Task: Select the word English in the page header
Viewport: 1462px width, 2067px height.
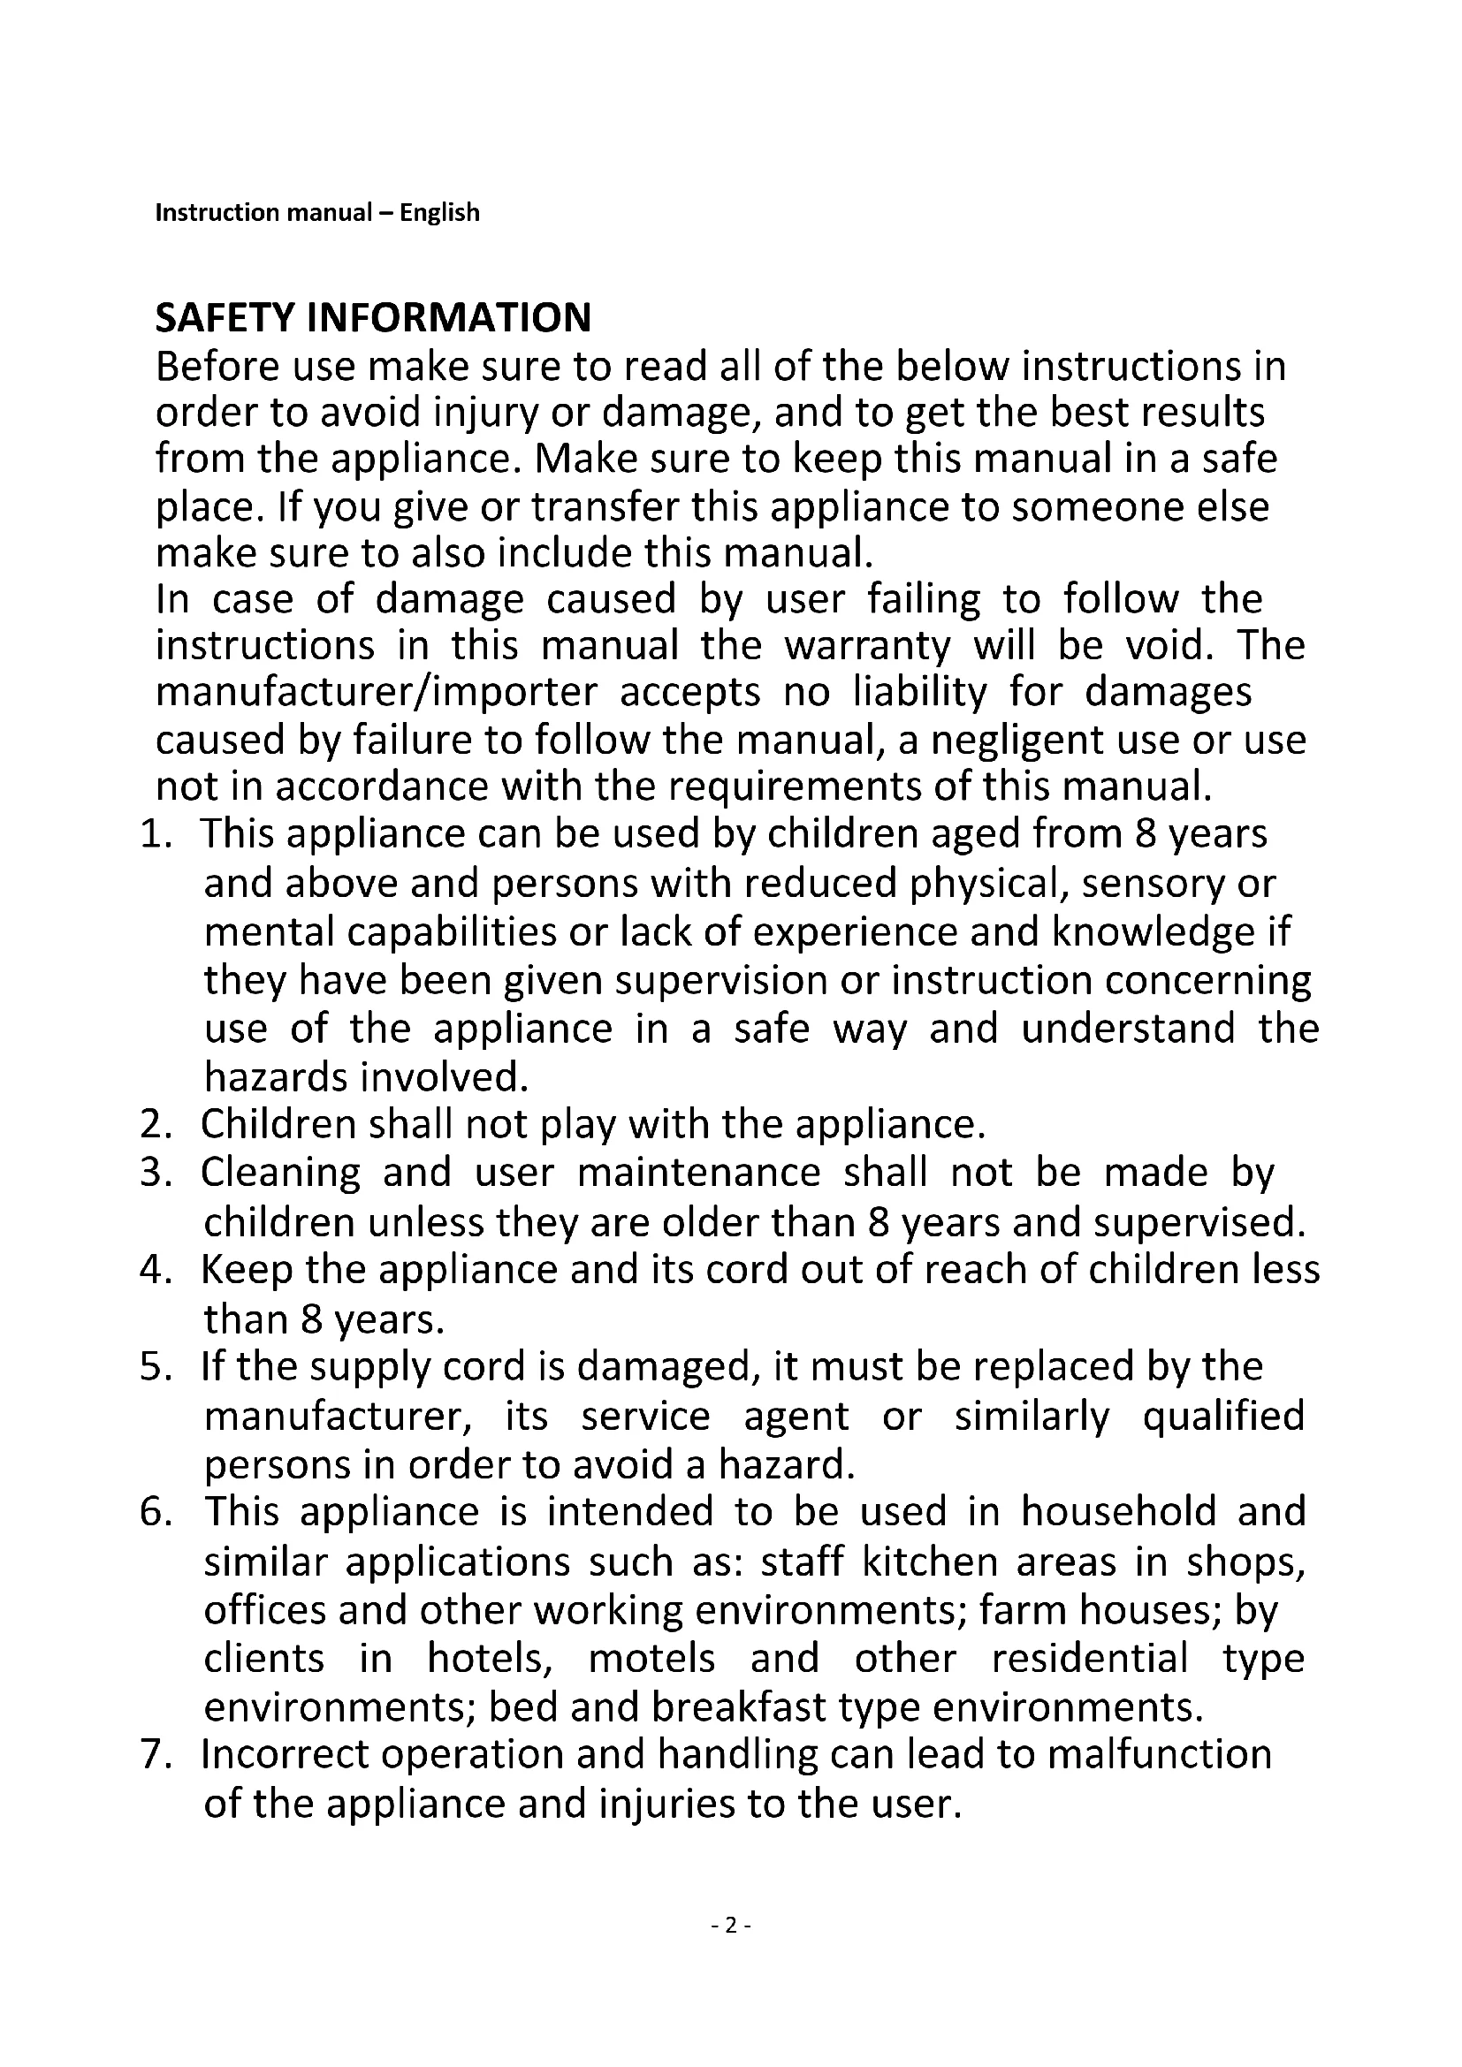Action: point(439,212)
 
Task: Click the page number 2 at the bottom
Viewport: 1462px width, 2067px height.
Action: point(731,1925)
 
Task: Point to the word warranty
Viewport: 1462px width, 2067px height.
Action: point(867,645)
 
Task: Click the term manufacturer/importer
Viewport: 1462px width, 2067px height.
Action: point(377,692)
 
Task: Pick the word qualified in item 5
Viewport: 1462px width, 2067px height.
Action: point(1223,1416)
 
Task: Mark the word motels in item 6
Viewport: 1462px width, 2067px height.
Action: point(651,1658)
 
